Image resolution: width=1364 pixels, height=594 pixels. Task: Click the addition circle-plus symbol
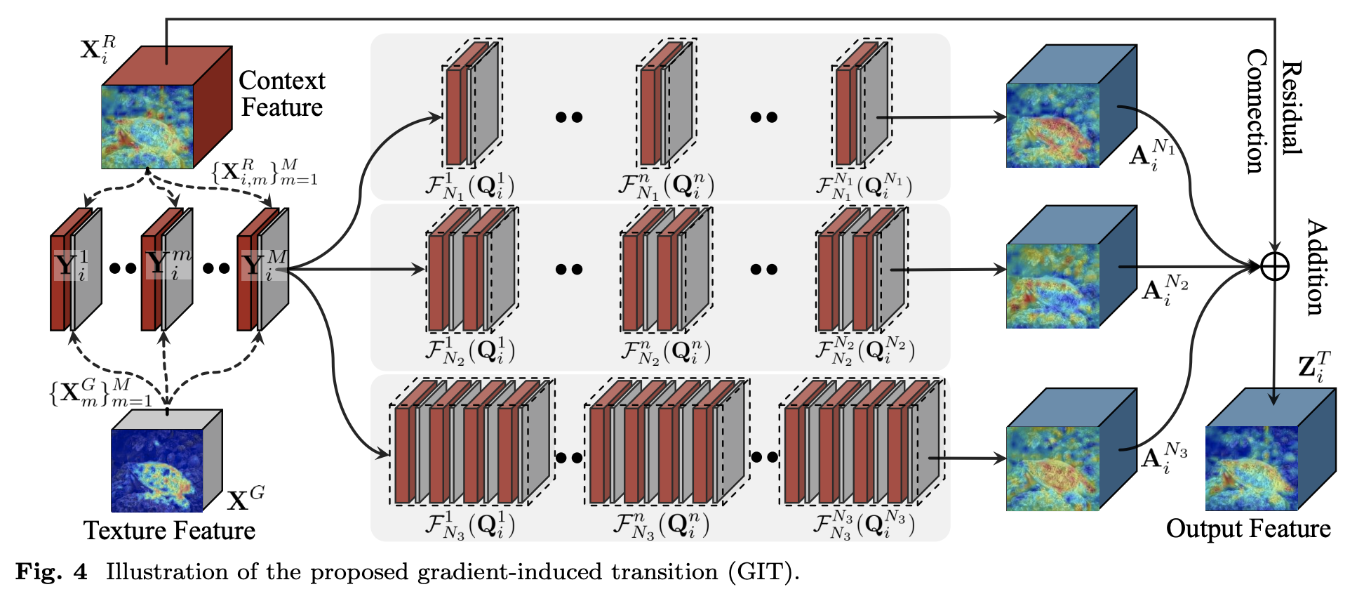(1274, 267)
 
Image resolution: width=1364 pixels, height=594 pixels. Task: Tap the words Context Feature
(281, 93)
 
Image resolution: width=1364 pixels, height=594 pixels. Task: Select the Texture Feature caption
(169, 530)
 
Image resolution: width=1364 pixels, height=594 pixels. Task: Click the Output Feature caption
(1248, 528)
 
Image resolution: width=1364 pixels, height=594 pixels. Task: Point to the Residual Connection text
(1273, 110)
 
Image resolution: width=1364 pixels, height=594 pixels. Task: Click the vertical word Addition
(1316, 267)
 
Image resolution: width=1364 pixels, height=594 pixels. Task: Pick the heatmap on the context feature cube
(147, 126)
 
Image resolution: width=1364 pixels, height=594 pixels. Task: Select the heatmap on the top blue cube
(1052, 125)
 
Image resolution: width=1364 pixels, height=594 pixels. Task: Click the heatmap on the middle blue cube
(1052, 286)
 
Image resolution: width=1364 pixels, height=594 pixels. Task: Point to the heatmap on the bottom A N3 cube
(1052, 468)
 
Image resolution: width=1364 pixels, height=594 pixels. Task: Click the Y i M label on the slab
(264, 265)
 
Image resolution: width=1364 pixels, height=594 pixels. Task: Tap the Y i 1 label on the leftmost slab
(71, 265)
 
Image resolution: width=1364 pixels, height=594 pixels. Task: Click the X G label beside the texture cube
(246, 498)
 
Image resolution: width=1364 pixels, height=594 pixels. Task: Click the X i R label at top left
(98, 50)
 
